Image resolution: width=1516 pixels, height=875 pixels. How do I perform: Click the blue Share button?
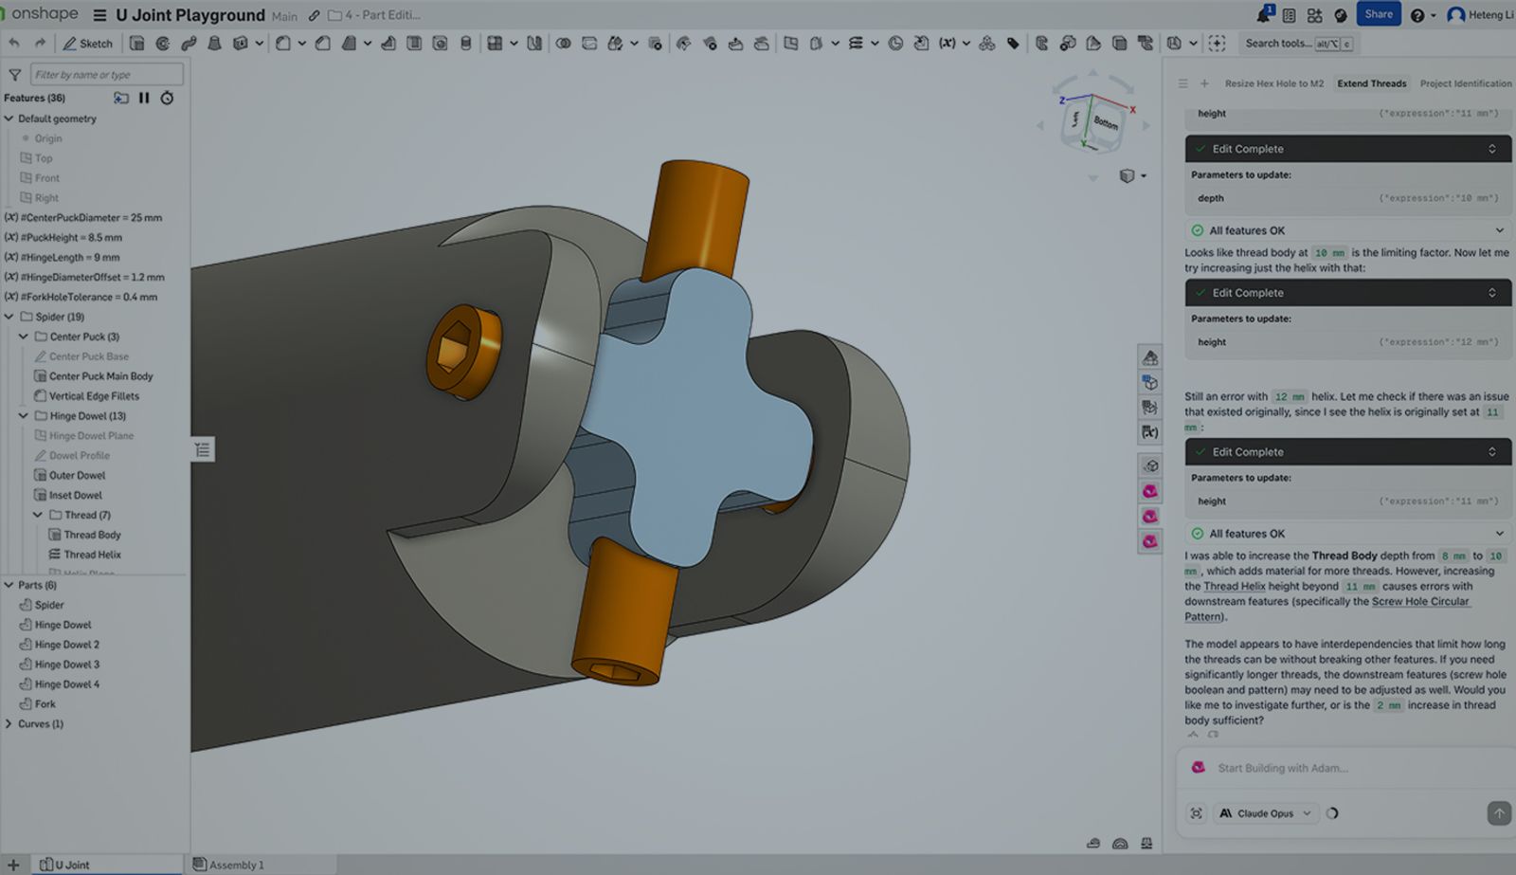pyautogui.click(x=1378, y=14)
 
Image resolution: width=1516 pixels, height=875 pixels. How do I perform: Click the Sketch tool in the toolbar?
pyautogui.click(x=87, y=44)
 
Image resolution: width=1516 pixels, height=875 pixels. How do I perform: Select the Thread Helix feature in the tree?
pyautogui.click(x=92, y=555)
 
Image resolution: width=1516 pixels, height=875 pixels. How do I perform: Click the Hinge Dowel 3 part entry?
pyautogui.click(x=66, y=665)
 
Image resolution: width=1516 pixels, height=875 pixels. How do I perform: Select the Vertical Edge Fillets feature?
pyautogui.click(x=93, y=396)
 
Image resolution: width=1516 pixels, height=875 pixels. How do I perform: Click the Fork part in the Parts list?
pyautogui.click(x=45, y=704)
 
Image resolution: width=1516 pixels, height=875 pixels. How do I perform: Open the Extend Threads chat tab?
pyautogui.click(x=1371, y=83)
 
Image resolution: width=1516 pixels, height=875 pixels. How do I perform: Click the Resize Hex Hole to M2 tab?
pyautogui.click(x=1273, y=83)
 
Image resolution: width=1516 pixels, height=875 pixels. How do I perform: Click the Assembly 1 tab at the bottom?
pyautogui.click(x=235, y=865)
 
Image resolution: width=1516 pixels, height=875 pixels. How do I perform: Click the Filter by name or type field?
pyautogui.click(x=106, y=75)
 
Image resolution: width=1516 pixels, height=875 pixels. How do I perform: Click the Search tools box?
pyautogui.click(x=1279, y=44)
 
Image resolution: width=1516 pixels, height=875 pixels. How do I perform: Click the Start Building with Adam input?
pyautogui.click(x=1326, y=768)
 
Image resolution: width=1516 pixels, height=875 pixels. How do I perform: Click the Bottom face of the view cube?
pyautogui.click(x=1105, y=122)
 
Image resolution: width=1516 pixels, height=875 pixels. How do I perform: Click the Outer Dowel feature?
pyautogui.click(x=77, y=476)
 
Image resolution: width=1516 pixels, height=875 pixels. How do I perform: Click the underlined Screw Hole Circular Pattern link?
pyautogui.click(x=1419, y=601)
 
